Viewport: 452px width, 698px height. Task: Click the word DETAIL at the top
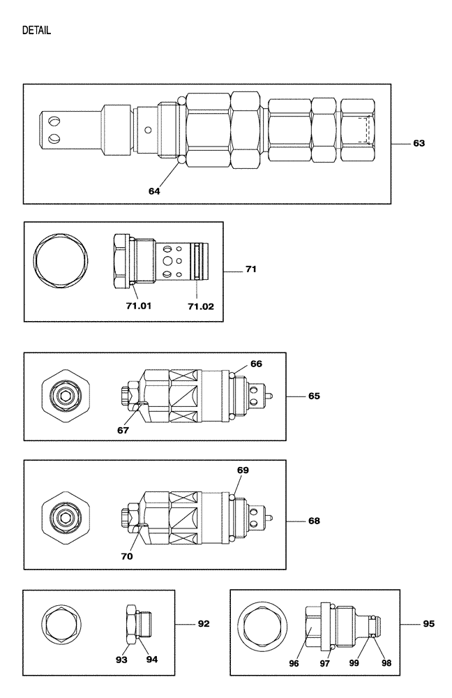(36, 31)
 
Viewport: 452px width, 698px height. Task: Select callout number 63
(419, 143)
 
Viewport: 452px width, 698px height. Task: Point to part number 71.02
(199, 305)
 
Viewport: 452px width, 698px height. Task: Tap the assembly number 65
(314, 396)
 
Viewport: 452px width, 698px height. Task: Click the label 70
(126, 556)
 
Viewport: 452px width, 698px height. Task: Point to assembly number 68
(314, 521)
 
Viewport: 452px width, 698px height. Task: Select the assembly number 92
(203, 623)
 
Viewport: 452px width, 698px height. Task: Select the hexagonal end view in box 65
(66, 396)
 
